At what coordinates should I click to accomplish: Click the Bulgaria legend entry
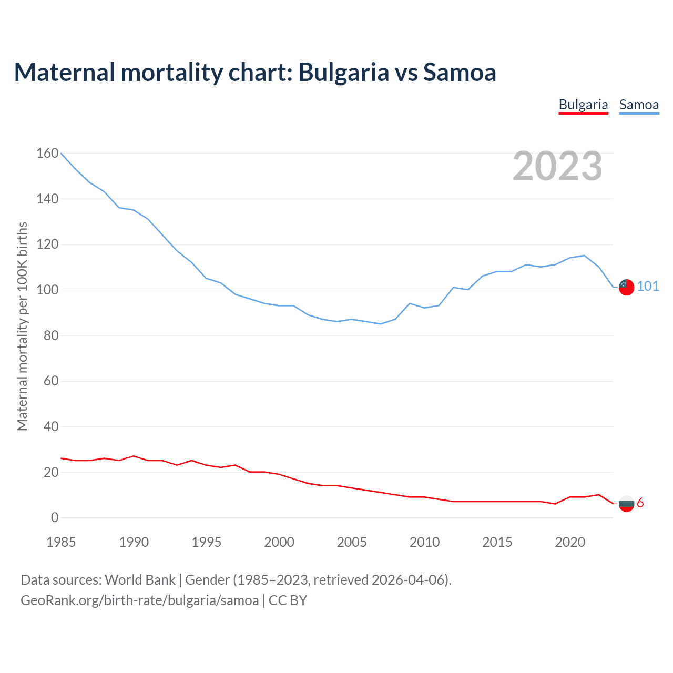click(x=583, y=105)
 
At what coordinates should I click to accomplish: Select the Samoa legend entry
click(x=639, y=105)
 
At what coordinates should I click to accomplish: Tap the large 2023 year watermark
click(x=557, y=166)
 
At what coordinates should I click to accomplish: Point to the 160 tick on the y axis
click(x=47, y=153)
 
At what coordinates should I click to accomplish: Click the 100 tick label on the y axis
click(x=47, y=290)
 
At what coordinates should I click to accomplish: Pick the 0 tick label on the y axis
click(x=55, y=517)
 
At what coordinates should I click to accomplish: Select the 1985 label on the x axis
click(x=61, y=542)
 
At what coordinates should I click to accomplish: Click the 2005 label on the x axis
click(x=352, y=542)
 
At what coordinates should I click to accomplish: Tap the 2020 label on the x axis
click(x=570, y=542)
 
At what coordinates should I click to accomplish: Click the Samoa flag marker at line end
click(x=626, y=287)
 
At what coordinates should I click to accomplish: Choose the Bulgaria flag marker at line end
click(x=626, y=504)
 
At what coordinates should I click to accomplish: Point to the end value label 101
click(x=648, y=286)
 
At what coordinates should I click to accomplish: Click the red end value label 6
click(x=640, y=503)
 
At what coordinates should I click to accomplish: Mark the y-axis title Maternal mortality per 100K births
click(x=22, y=326)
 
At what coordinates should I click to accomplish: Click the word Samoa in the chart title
click(x=460, y=72)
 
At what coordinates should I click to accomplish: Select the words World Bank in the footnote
click(x=140, y=579)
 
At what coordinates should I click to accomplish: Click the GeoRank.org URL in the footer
click(x=139, y=600)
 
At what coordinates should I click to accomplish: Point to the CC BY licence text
click(x=288, y=600)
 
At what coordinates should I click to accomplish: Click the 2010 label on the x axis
click(x=424, y=542)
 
